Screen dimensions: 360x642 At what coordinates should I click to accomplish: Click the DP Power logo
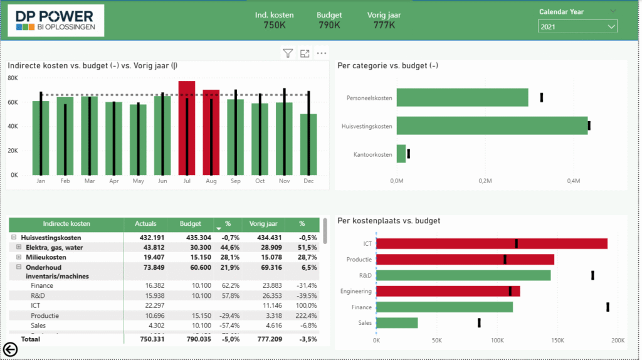click(x=55, y=19)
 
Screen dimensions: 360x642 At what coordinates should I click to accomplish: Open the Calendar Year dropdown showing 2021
click(x=577, y=26)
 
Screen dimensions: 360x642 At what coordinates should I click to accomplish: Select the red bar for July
click(x=187, y=128)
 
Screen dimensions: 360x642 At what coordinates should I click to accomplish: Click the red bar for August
click(x=211, y=132)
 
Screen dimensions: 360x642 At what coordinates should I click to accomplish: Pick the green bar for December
click(x=308, y=144)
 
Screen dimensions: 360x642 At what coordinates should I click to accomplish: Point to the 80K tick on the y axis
click(x=13, y=78)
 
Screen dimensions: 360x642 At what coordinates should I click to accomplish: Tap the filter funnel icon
click(x=288, y=53)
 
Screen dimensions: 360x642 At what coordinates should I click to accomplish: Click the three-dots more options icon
click(x=322, y=53)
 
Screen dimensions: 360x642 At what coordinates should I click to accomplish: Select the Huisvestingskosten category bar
click(x=492, y=125)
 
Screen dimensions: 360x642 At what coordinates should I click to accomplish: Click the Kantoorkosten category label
click(x=372, y=154)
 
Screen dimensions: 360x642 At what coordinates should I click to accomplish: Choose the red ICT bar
click(x=492, y=243)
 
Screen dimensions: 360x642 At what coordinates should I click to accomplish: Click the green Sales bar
click(x=397, y=322)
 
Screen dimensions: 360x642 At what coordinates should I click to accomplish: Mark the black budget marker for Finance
click(x=608, y=307)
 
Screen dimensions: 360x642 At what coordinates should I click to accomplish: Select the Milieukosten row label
click(x=46, y=257)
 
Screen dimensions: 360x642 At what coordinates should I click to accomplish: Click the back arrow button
click(x=10, y=349)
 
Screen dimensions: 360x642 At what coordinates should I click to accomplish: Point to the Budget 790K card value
click(x=329, y=25)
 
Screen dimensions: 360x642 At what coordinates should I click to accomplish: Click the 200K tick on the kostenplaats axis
click(x=618, y=340)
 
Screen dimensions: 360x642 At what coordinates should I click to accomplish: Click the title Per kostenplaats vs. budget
click(x=389, y=220)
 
